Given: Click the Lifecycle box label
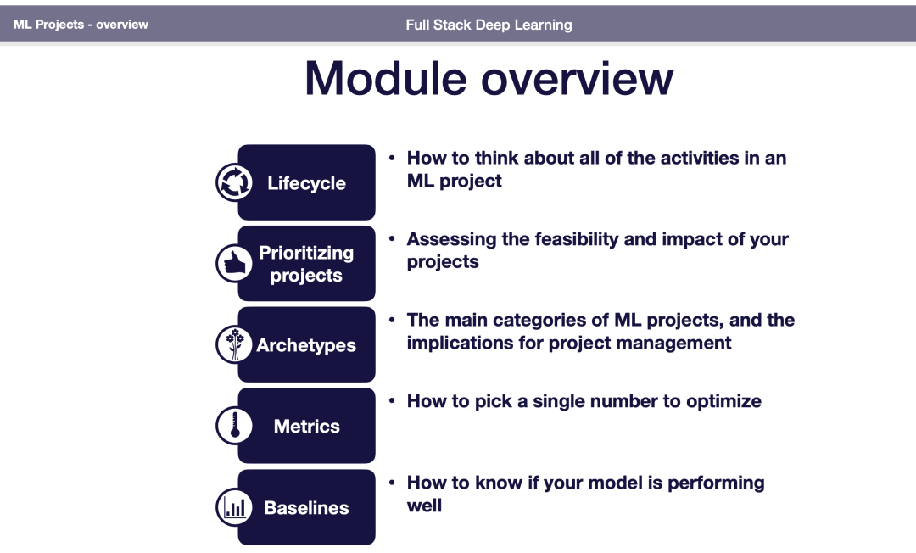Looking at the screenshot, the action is pyautogui.click(x=307, y=183).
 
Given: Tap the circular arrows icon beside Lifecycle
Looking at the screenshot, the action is pyautogui.click(x=234, y=182).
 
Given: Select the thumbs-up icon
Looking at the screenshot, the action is pyautogui.click(x=234, y=264).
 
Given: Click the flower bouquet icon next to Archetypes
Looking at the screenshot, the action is pyautogui.click(x=234, y=344).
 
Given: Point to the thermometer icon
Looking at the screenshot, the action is pyautogui.click(x=234, y=426).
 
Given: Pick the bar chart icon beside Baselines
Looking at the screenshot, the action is pyautogui.click(x=234, y=507).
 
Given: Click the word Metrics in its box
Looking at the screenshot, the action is pyautogui.click(x=307, y=427).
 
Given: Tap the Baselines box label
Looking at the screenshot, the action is pyautogui.click(x=307, y=508).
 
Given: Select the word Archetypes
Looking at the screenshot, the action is pyautogui.click(x=306, y=345).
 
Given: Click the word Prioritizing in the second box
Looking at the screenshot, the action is pyautogui.click(x=306, y=253).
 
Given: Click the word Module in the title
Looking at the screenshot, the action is pyautogui.click(x=386, y=78).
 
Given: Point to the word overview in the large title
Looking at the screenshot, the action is pyautogui.click(x=578, y=78).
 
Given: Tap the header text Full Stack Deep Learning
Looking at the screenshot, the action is pyautogui.click(x=489, y=25).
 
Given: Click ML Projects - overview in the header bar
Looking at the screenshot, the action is pyautogui.click(x=81, y=25).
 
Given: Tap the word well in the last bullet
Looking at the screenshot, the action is pyautogui.click(x=424, y=506).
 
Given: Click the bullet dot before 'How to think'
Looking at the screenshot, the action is pyautogui.click(x=392, y=158).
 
